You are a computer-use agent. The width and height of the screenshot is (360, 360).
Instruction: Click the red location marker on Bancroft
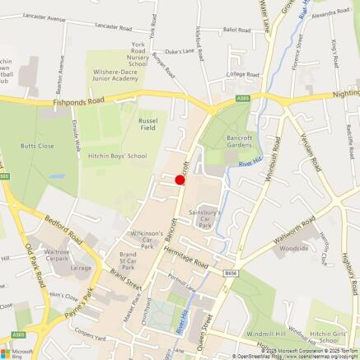180,180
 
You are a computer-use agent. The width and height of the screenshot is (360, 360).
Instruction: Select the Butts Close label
37,145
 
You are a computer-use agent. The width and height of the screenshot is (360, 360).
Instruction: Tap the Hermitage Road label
187,257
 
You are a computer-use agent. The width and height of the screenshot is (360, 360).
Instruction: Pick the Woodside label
294,247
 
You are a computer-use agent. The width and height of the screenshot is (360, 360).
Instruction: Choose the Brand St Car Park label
128,261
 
